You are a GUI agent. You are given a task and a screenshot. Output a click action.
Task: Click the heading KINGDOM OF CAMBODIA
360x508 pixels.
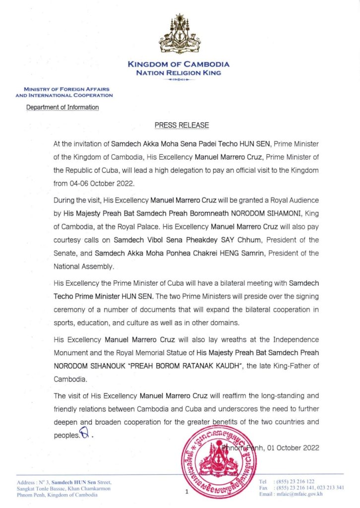pyautogui.click(x=179, y=64)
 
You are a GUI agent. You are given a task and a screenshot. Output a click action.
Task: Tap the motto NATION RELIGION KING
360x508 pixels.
pyautogui.click(x=179, y=72)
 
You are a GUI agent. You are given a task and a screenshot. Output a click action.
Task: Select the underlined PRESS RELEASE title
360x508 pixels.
pyautogui.click(x=181, y=125)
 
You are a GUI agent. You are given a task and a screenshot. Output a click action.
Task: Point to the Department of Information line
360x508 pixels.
pyautogui.click(x=62, y=107)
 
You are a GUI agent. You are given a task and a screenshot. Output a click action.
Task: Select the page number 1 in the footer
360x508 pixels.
pyautogui.click(x=187, y=492)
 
